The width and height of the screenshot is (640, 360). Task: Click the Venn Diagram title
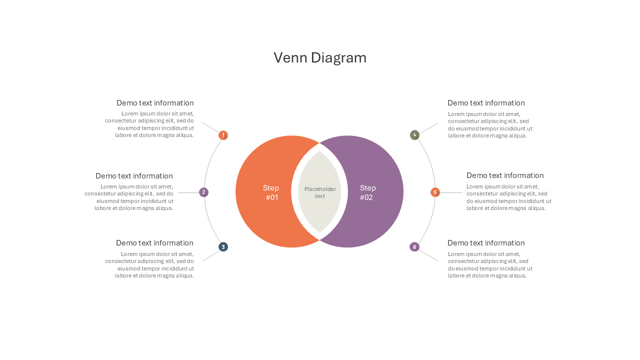coord(320,57)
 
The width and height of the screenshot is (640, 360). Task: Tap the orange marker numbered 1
coord(223,135)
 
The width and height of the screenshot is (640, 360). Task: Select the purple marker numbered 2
coord(203,192)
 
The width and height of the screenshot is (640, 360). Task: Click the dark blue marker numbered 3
coord(223,247)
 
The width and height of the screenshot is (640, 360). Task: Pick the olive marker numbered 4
coord(414,135)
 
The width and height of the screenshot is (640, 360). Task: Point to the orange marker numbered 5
coord(435,192)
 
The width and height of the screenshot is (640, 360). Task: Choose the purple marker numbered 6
coord(414,247)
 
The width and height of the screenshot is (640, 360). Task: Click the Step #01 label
coord(271,192)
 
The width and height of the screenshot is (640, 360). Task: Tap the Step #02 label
coord(367,192)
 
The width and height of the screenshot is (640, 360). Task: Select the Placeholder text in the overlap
coord(320,192)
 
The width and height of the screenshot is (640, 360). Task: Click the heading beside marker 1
coord(155,103)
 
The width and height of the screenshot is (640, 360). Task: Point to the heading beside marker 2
coord(134,175)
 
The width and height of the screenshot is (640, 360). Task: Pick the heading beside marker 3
coord(154,243)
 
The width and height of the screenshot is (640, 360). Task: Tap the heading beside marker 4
coord(486,103)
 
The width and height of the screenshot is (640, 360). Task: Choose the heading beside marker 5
coord(505,175)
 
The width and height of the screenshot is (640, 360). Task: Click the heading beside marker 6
coord(486,243)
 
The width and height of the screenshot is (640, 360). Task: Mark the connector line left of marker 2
coord(188,192)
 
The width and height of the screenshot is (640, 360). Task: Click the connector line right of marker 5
coord(451,192)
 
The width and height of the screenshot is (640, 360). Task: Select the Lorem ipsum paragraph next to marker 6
coord(490,265)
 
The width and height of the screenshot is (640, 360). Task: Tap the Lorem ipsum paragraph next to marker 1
coord(149,124)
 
